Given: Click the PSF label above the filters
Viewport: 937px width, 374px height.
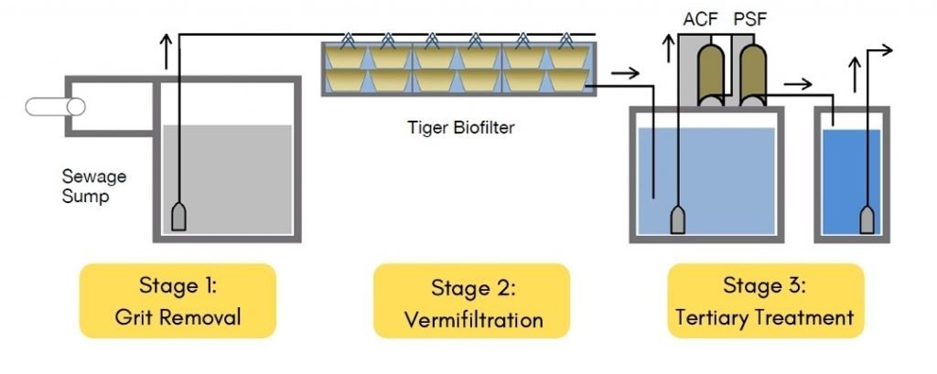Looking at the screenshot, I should point(750,16).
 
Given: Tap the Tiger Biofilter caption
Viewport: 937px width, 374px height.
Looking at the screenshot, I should point(460,128).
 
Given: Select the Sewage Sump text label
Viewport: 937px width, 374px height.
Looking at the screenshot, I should point(93,186).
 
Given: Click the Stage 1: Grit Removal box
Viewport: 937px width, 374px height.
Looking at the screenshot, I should point(178,301).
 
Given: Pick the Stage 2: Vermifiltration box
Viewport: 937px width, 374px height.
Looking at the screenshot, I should point(471,302).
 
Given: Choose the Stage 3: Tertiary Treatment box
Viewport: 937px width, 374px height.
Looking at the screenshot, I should point(764,301).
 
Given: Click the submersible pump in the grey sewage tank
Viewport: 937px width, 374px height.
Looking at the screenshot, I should point(179,216).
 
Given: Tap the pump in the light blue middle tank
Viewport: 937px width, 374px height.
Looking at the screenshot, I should point(679,219).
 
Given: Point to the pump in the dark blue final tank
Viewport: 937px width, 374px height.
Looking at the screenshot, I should point(867,219).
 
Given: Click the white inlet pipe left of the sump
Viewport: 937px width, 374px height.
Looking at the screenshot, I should point(55,106).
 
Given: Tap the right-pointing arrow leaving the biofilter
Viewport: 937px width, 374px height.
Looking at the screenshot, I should point(626,70).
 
